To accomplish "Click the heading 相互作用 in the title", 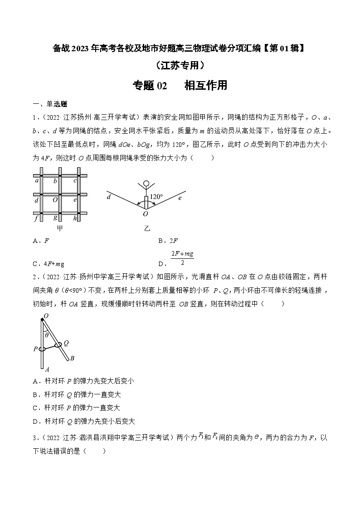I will [x=205, y=85].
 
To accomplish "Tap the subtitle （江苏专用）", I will [x=180, y=65].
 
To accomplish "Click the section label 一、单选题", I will [x=49, y=104].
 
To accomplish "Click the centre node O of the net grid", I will [x=55, y=199].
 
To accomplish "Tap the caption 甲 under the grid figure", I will [x=59, y=228].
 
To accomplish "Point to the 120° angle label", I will [x=156, y=197].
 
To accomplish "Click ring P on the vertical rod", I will [x=42, y=349].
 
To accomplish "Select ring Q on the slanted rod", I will [x=58, y=346].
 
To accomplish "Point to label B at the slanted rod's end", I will [x=71, y=359].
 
